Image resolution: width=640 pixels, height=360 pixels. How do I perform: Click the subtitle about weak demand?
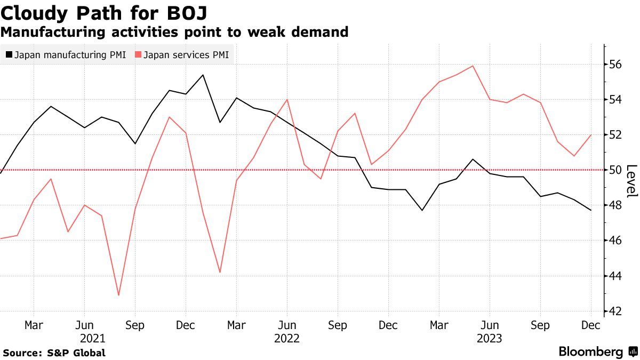pos(174,32)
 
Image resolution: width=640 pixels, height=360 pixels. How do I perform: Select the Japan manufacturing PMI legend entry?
pos(66,54)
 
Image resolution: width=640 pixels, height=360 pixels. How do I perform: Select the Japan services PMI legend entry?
pos(181,54)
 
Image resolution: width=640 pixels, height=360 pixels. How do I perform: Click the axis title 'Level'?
pos(631,181)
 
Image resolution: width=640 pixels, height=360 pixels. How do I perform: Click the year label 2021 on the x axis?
pos(92,339)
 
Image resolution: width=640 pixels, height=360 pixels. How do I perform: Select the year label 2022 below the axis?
pos(287,339)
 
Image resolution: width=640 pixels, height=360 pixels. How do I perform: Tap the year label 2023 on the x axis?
pos(489,339)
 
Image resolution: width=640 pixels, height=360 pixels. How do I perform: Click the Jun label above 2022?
pos(287,325)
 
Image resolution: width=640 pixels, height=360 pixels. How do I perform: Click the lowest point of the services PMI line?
pos(118,295)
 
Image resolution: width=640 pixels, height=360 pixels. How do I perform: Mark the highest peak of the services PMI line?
pos(473,66)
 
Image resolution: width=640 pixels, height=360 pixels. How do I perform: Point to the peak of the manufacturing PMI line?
pos(203,75)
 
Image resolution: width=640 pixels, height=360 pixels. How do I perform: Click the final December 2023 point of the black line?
pos(591,210)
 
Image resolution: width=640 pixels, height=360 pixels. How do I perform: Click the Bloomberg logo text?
pos(590,352)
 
